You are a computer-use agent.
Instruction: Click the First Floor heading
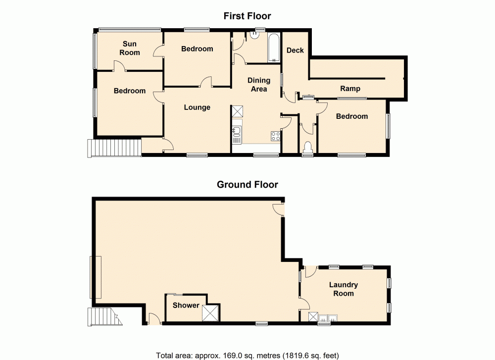pyautogui.click(x=247, y=16)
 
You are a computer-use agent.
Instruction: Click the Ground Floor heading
pyautogui.click(x=247, y=185)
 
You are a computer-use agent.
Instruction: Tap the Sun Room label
pyautogui.click(x=130, y=49)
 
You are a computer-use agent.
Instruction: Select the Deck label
pyautogui.click(x=295, y=51)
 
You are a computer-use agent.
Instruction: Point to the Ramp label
pyautogui.click(x=350, y=89)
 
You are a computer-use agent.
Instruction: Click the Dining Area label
pyautogui.click(x=259, y=85)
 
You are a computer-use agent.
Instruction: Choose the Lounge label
pyautogui.click(x=197, y=107)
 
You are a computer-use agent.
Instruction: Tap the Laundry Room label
pyautogui.click(x=344, y=289)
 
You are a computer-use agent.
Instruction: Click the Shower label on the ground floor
pyautogui.click(x=186, y=306)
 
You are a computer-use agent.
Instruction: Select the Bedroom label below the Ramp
pyautogui.click(x=352, y=116)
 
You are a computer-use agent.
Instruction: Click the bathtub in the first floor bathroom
pyautogui.click(x=274, y=48)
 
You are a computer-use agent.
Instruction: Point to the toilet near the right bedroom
pyautogui.click(x=307, y=148)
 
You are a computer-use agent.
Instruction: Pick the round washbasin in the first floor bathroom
pyautogui.click(x=256, y=35)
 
